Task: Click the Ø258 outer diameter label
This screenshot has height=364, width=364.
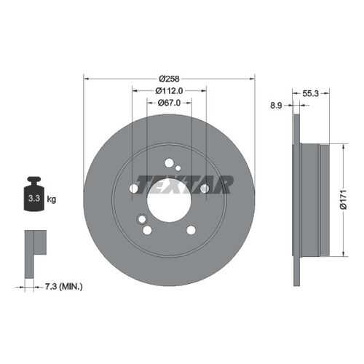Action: [x=169, y=79]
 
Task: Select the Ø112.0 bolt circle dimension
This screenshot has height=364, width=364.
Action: [x=169, y=91]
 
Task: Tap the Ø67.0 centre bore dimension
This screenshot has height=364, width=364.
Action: [x=169, y=103]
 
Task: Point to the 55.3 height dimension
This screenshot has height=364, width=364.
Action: [x=311, y=93]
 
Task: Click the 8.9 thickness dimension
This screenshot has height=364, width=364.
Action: [x=276, y=106]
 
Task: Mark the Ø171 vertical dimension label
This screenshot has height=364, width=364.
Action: [x=344, y=199]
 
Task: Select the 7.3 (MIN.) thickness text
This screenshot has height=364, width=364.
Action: [x=64, y=287]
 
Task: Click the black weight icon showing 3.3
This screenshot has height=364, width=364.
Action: [x=34, y=194]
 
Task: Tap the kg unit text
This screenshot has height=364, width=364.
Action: [x=52, y=199]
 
